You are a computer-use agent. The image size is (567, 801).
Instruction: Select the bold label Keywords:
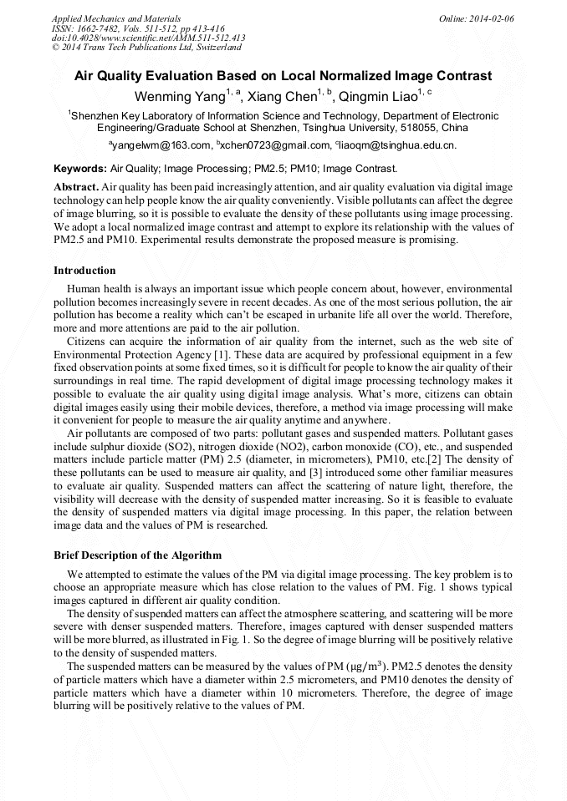[x=80, y=169]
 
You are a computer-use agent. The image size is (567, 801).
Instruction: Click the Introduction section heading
[x=84, y=271]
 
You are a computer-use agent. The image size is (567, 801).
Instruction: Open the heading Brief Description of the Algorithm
[x=137, y=555]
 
